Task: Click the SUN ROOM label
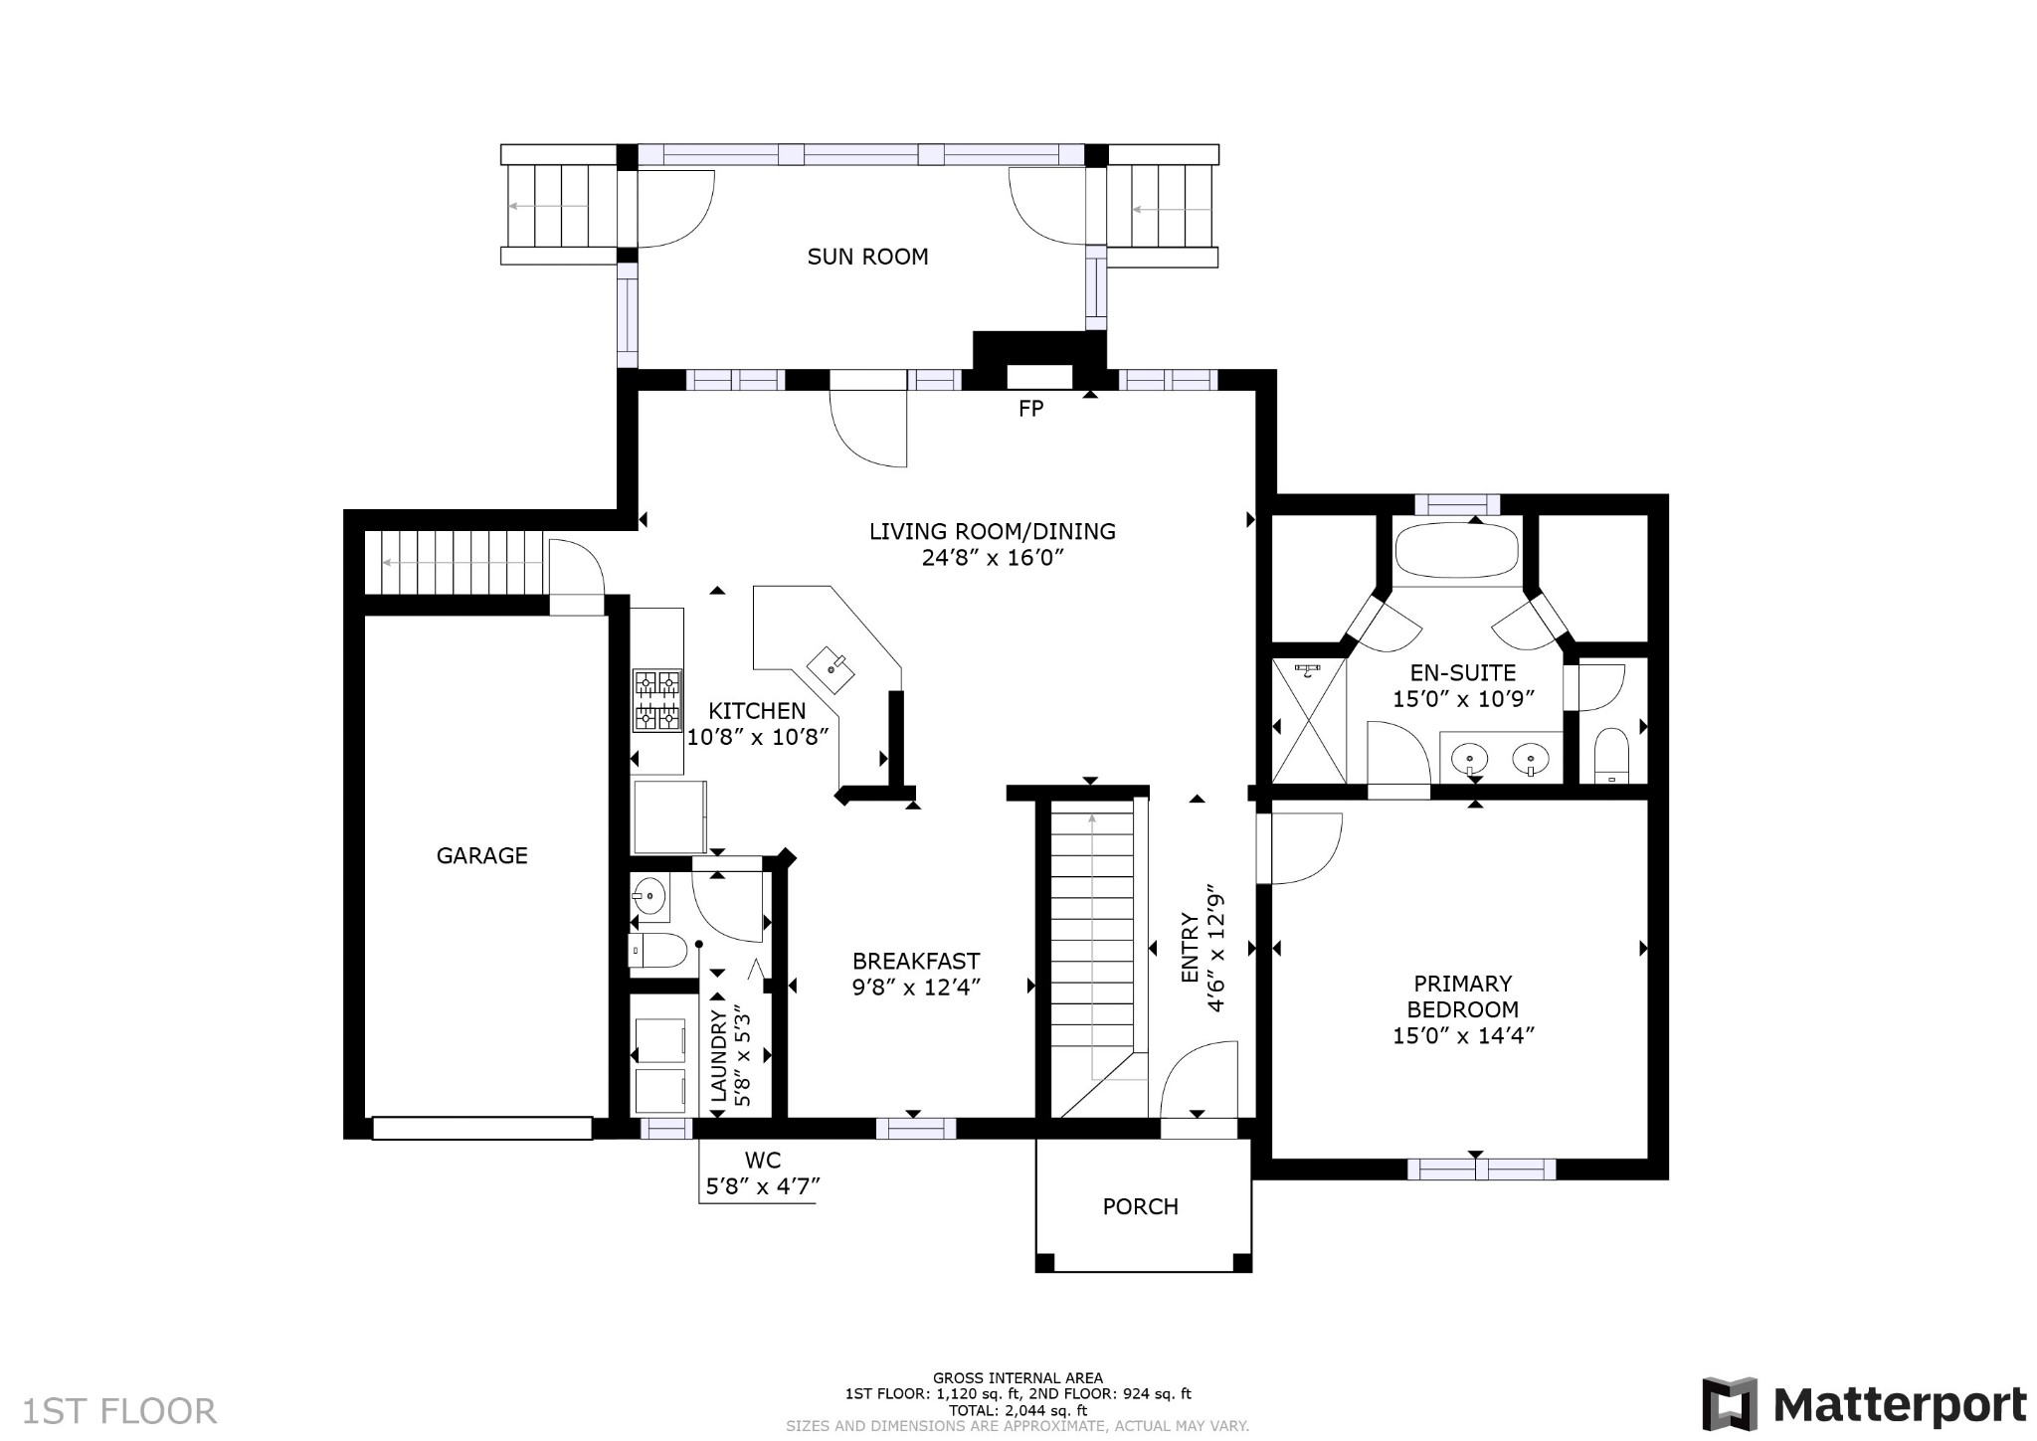point(867,257)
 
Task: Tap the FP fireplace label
point(1030,408)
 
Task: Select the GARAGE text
point(482,855)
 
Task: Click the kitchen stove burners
point(657,700)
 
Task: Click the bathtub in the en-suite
point(1456,550)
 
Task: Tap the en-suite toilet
point(1610,757)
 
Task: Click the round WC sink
point(648,897)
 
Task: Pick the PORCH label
point(1141,1206)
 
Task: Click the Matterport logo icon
point(1729,1404)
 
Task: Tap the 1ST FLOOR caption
point(119,1412)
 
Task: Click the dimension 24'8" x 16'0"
point(993,558)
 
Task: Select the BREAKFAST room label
point(916,962)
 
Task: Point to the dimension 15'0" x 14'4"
point(1463,1035)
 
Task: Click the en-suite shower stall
point(1309,721)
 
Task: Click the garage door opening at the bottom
point(482,1128)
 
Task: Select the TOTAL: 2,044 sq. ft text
point(1018,1410)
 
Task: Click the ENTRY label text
point(1190,948)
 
